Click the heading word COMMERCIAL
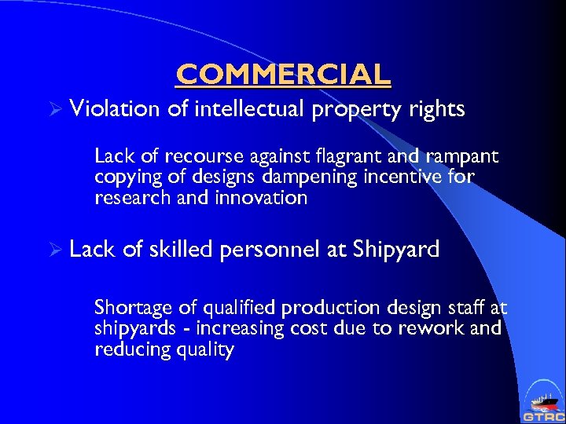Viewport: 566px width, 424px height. pyautogui.click(x=283, y=74)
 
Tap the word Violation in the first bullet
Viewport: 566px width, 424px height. pyautogui.click(x=114, y=108)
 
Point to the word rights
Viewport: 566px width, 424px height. pyautogui.click(x=438, y=109)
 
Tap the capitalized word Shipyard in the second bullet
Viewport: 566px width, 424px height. pyautogui.click(x=396, y=250)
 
